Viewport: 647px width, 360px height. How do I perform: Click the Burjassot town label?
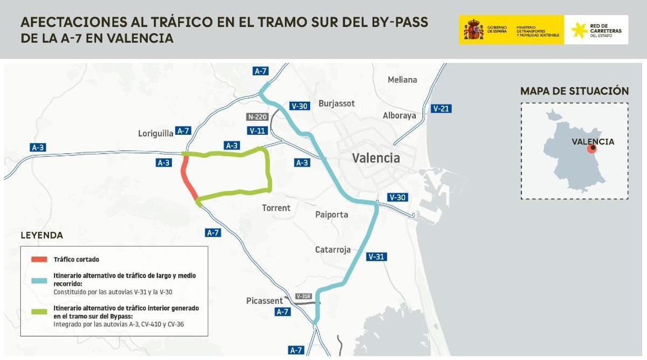[336, 103]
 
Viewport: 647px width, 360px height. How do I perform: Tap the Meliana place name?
[402, 80]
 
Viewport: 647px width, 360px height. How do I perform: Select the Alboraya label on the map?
[399, 115]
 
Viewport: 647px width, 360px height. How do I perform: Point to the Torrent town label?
[276, 208]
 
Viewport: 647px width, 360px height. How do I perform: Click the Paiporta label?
[331, 214]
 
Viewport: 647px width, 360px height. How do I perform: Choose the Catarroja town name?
[333, 250]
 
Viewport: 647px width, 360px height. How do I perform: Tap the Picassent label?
[264, 301]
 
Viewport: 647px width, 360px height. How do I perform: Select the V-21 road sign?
[441, 109]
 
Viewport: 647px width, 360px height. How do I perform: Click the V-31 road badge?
[376, 257]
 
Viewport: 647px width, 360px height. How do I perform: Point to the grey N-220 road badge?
[257, 117]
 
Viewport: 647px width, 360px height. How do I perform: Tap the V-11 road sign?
[258, 130]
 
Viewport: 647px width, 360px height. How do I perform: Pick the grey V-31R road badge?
[304, 296]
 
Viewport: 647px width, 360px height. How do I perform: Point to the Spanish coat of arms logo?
[473, 29]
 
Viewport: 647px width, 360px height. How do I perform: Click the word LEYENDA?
[42, 236]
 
